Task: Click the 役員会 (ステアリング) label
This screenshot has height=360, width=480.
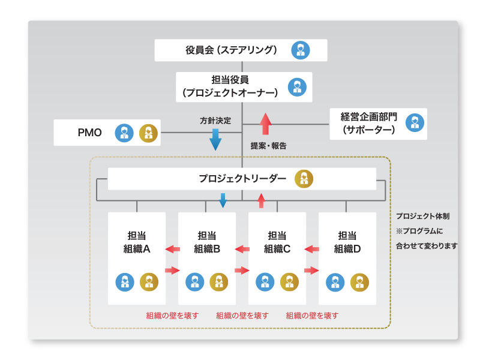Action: click(x=231, y=50)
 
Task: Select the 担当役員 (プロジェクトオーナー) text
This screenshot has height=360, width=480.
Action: click(x=230, y=86)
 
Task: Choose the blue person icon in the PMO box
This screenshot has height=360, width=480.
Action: click(x=124, y=132)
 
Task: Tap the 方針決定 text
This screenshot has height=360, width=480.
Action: click(x=215, y=120)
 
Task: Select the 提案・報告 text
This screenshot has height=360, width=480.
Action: click(x=268, y=146)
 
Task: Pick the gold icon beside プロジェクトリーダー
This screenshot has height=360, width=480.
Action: click(x=304, y=179)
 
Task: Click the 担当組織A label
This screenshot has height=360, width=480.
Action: click(x=137, y=242)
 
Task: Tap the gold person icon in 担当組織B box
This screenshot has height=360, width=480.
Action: click(x=218, y=281)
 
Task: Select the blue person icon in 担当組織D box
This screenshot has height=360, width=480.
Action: click(x=336, y=281)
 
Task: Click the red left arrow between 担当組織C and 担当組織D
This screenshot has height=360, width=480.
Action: click(x=311, y=249)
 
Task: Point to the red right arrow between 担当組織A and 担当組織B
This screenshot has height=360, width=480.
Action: click(x=172, y=270)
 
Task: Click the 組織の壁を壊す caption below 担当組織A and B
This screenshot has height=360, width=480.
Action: click(x=172, y=315)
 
